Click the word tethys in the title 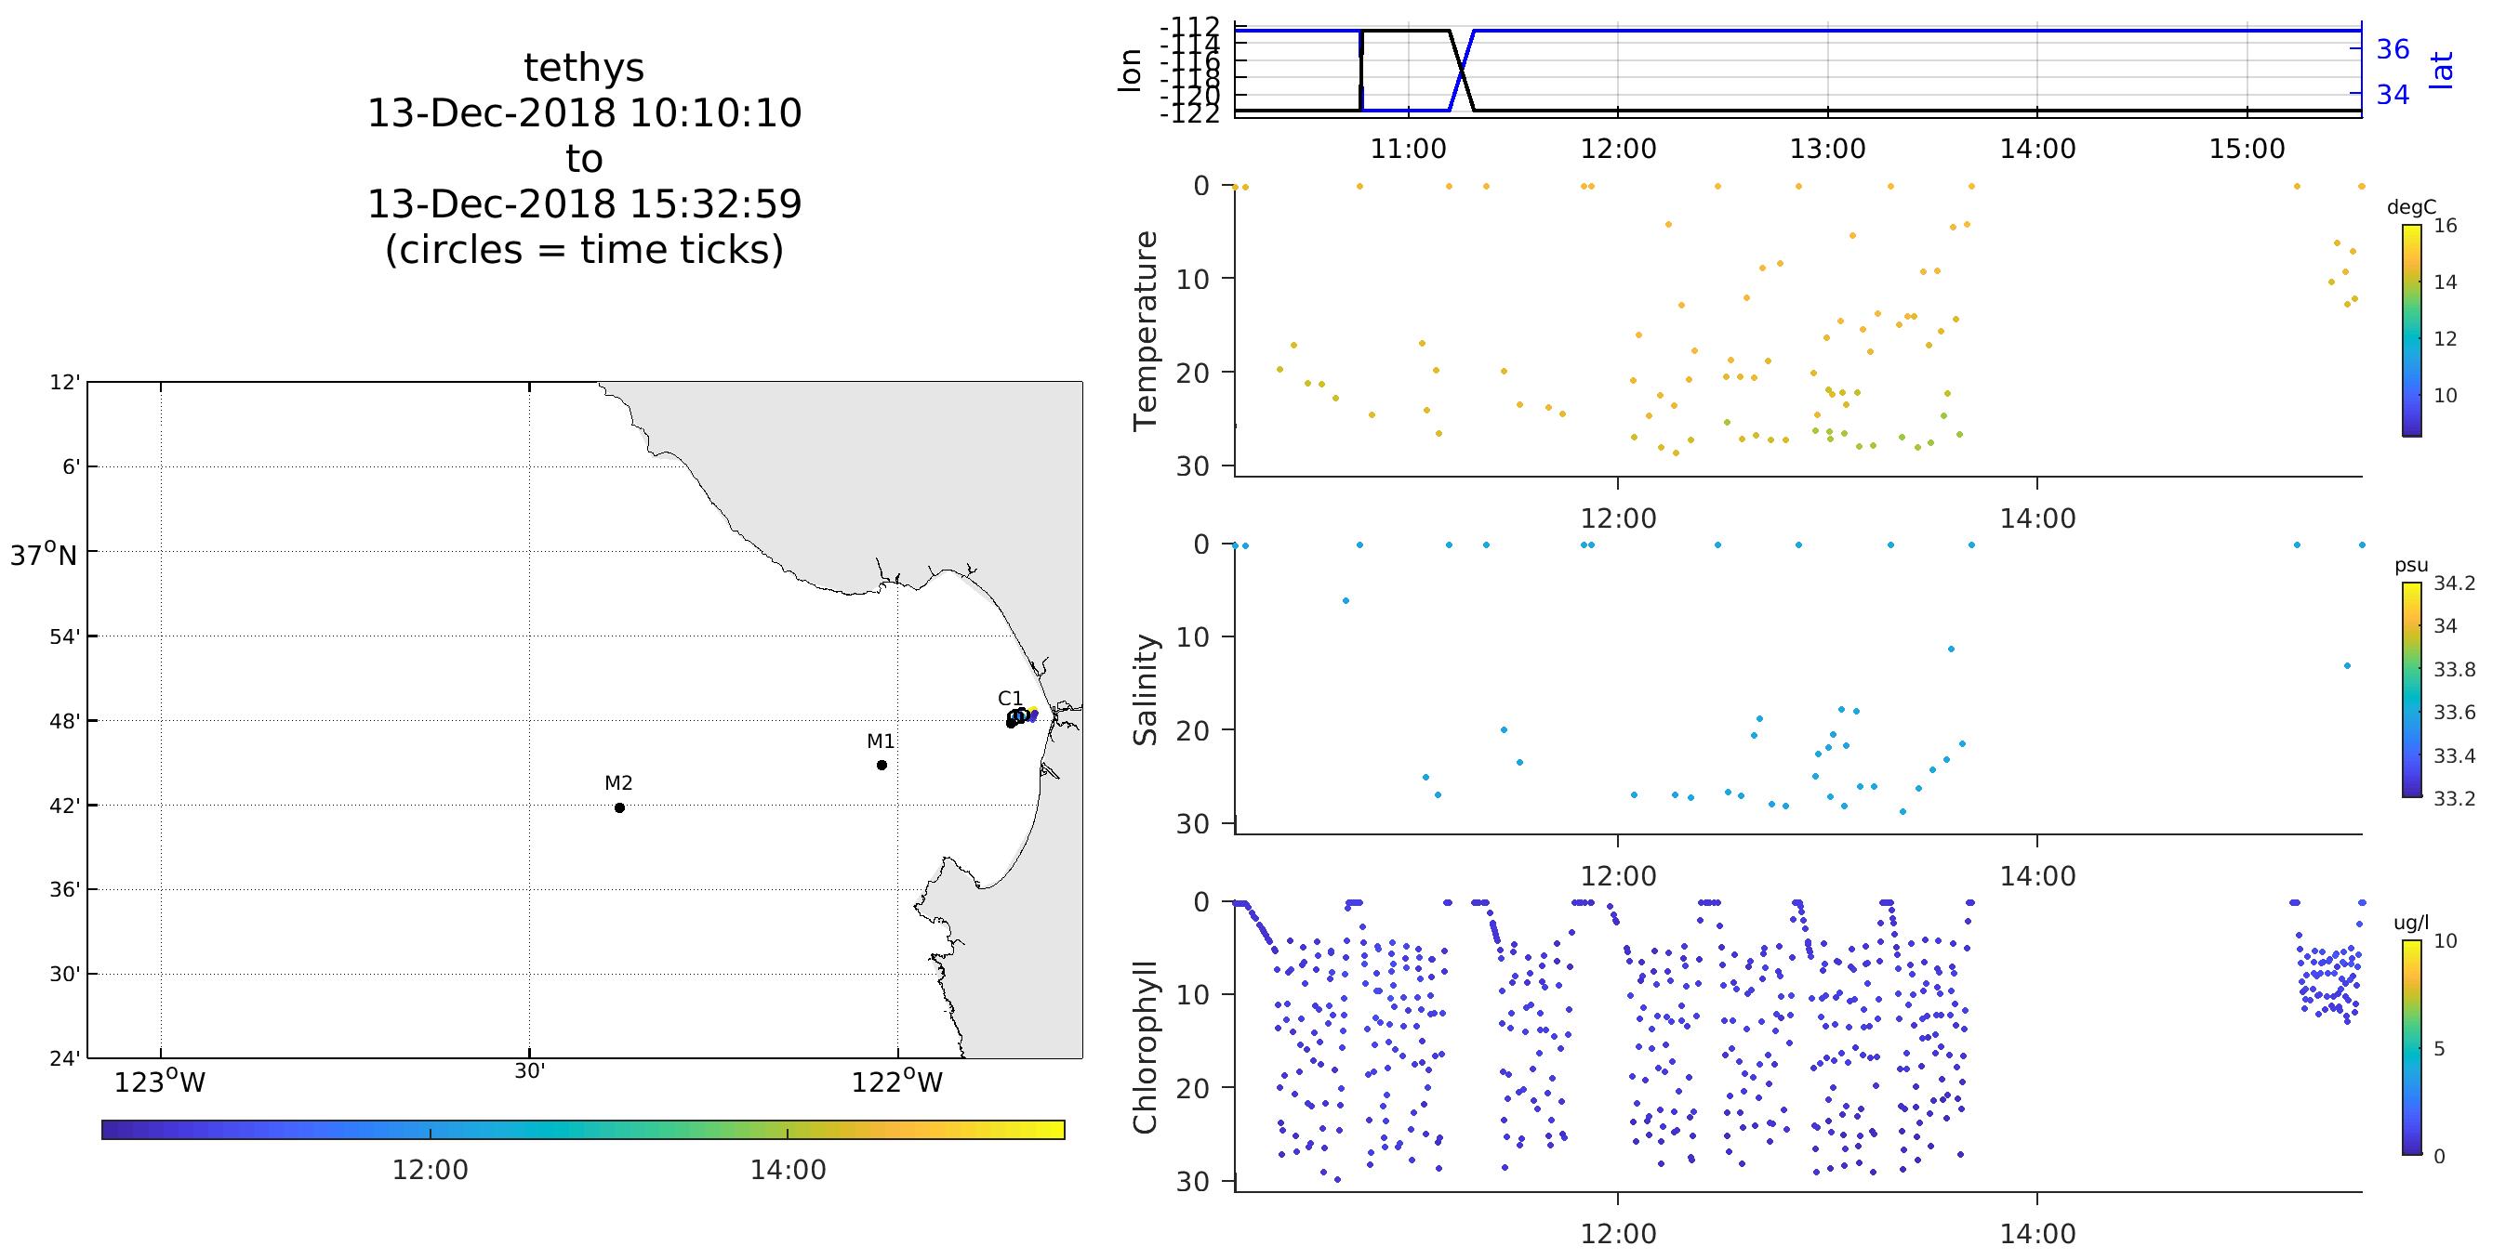tap(584, 69)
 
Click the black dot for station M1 tap(882, 766)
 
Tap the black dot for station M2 tap(619, 807)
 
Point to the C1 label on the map tap(1010, 698)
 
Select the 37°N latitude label tap(43, 557)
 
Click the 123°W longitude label tap(160, 1082)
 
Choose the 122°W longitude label tap(896, 1082)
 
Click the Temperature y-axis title tap(1145, 331)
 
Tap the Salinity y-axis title tap(1145, 689)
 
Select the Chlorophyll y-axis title tap(1145, 1047)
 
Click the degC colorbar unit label tap(2411, 207)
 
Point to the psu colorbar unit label tap(2410, 566)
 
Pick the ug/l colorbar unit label tap(2410, 923)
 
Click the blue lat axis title tap(2442, 71)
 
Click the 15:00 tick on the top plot tap(2247, 150)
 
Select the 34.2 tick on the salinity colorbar tap(2454, 584)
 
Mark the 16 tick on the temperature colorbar tap(2445, 226)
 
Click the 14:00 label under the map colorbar tap(789, 1170)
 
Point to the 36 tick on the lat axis tap(2392, 49)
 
